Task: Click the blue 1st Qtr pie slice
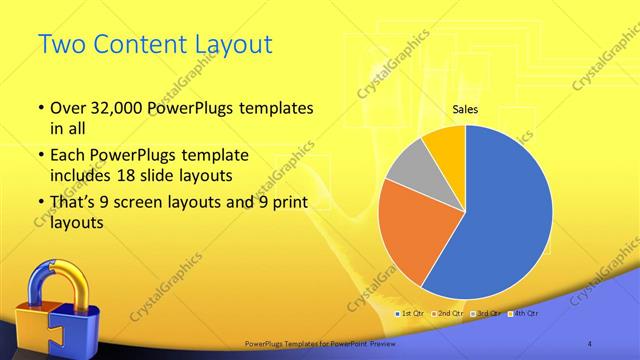click(510, 220)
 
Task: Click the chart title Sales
click(465, 109)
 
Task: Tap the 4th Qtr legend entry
click(524, 313)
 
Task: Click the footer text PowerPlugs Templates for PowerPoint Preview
click(320, 343)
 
